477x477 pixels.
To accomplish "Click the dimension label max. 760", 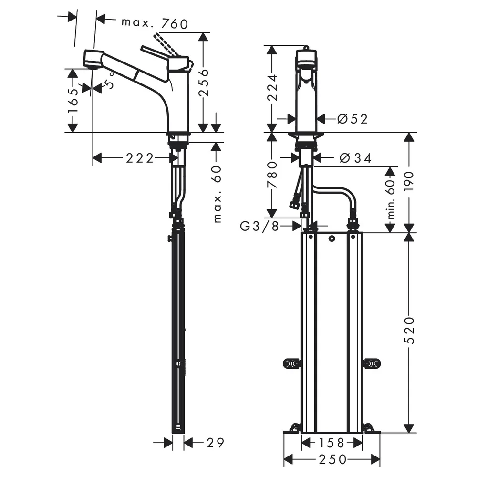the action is click(155, 23).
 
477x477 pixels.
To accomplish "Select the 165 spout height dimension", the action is click(73, 100).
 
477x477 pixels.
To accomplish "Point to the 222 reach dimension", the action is click(140, 158).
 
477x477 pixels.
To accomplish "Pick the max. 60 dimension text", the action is click(217, 194).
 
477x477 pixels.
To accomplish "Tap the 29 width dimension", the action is click(216, 443).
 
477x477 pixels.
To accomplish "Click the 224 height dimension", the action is click(272, 88).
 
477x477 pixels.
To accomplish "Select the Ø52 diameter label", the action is click(353, 119).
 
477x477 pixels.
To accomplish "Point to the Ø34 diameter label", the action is click(356, 158).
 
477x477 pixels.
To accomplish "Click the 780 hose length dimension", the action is click(272, 175).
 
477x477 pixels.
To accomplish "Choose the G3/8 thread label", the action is click(259, 226).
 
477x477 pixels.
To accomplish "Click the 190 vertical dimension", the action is click(409, 181).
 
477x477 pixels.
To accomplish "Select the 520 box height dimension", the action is click(410, 331).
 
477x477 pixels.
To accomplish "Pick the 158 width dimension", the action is click(332, 443).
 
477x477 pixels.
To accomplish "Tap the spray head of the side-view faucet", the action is click(93, 59).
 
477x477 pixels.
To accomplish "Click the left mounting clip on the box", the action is click(291, 363).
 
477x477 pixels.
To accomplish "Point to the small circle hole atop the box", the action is click(332, 239).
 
